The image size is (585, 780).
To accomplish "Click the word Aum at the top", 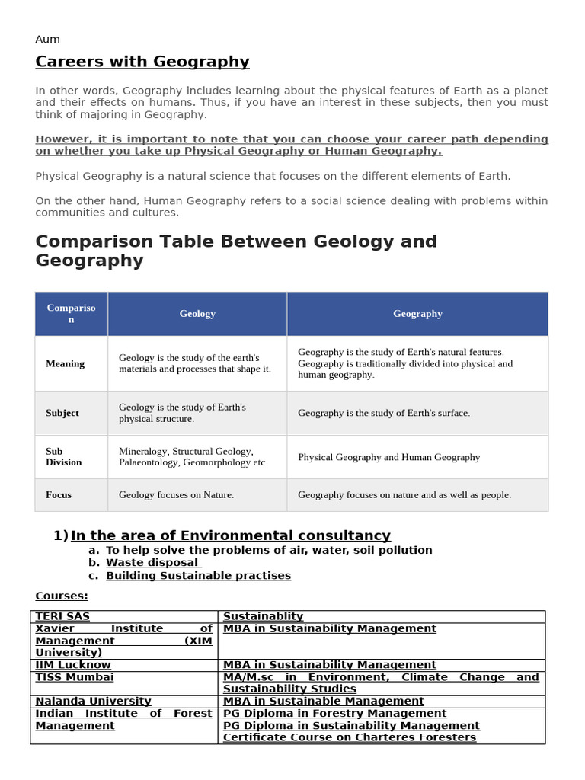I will [x=47, y=40].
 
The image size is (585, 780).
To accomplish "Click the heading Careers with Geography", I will [x=142, y=62].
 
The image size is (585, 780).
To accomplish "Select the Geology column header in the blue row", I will [x=197, y=314].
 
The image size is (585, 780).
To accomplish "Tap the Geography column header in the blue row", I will [x=417, y=314].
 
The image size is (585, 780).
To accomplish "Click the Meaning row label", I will [x=65, y=363].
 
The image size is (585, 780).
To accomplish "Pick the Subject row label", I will [x=62, y=413].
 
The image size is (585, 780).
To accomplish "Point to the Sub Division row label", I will [x=63, y=457].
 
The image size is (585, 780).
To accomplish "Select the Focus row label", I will [x=59, y=495].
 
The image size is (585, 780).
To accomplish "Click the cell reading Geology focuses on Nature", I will [x=176, y=495].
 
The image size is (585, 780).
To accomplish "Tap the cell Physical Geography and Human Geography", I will [x=388, y=457].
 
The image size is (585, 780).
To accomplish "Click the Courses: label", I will [x=62, y=596].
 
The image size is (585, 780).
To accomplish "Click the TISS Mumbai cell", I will [x=75, y=677].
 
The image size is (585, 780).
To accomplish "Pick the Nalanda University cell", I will [x=93, y=702].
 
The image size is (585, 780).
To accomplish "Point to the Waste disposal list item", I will [x=152, y=563].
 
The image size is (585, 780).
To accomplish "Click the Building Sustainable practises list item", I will [x=198, y=576].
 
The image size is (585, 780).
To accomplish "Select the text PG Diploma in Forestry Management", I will [x=334, y=714].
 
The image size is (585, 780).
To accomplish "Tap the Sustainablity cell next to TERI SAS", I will [x=263, y=616].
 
